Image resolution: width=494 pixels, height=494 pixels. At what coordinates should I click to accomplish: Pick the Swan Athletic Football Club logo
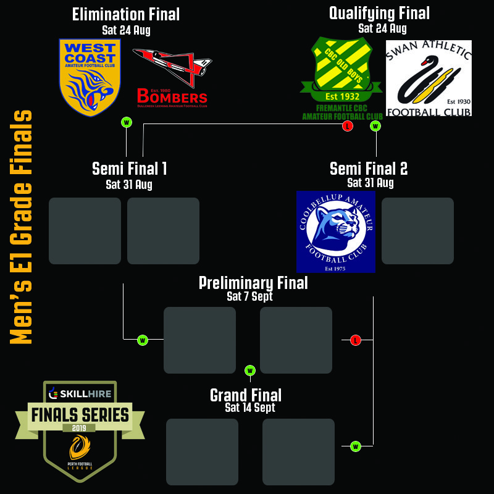pyautogui.click(x=429, y=78)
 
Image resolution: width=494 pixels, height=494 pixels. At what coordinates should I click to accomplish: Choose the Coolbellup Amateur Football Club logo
pyautogui.click(x=335, y=231)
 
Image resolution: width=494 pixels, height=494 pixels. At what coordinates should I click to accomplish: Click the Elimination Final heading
pyautogui.click(x=126, y=14)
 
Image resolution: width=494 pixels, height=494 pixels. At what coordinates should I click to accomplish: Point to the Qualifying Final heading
pyautogui.click(x=379, y=13)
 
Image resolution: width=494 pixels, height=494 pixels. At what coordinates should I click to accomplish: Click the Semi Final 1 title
pyautogui.click(x=129, y=169)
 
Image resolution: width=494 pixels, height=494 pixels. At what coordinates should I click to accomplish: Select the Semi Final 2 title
pyautogui.click(x=369, y=169)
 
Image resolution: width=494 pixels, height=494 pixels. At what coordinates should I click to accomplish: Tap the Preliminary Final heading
pyautogui.click(x=253, y=283)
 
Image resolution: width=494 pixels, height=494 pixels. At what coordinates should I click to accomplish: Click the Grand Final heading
pyautogui.click(x=246, y=395)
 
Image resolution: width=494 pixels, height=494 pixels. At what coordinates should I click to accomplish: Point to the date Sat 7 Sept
pyautogui.click(x=249, y=296)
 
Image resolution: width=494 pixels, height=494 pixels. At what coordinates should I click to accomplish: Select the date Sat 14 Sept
pyautogui.click(x=250, y=408)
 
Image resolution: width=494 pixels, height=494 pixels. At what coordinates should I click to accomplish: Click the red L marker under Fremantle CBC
pyautogui.click(x=348, y=127)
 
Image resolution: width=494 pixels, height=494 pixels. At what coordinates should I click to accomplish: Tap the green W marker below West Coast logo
pyautogui.click(x=127, y=122)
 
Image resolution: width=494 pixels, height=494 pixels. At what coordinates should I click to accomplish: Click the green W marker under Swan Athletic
pyautogui.click(x=375, y=127)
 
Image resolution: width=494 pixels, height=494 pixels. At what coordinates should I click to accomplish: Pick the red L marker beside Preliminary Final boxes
pyautogui.click(x=355, y=340)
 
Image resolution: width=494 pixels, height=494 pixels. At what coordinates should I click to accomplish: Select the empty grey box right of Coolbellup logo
pyautogui.click(x=417, y=231)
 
